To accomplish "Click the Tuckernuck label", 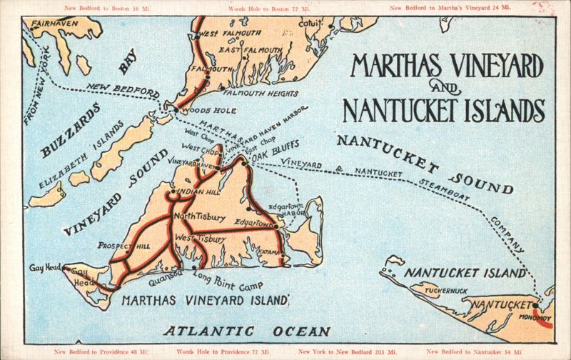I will (447, 291).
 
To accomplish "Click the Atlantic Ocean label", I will (246, 331).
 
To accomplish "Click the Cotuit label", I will (310, 24).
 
